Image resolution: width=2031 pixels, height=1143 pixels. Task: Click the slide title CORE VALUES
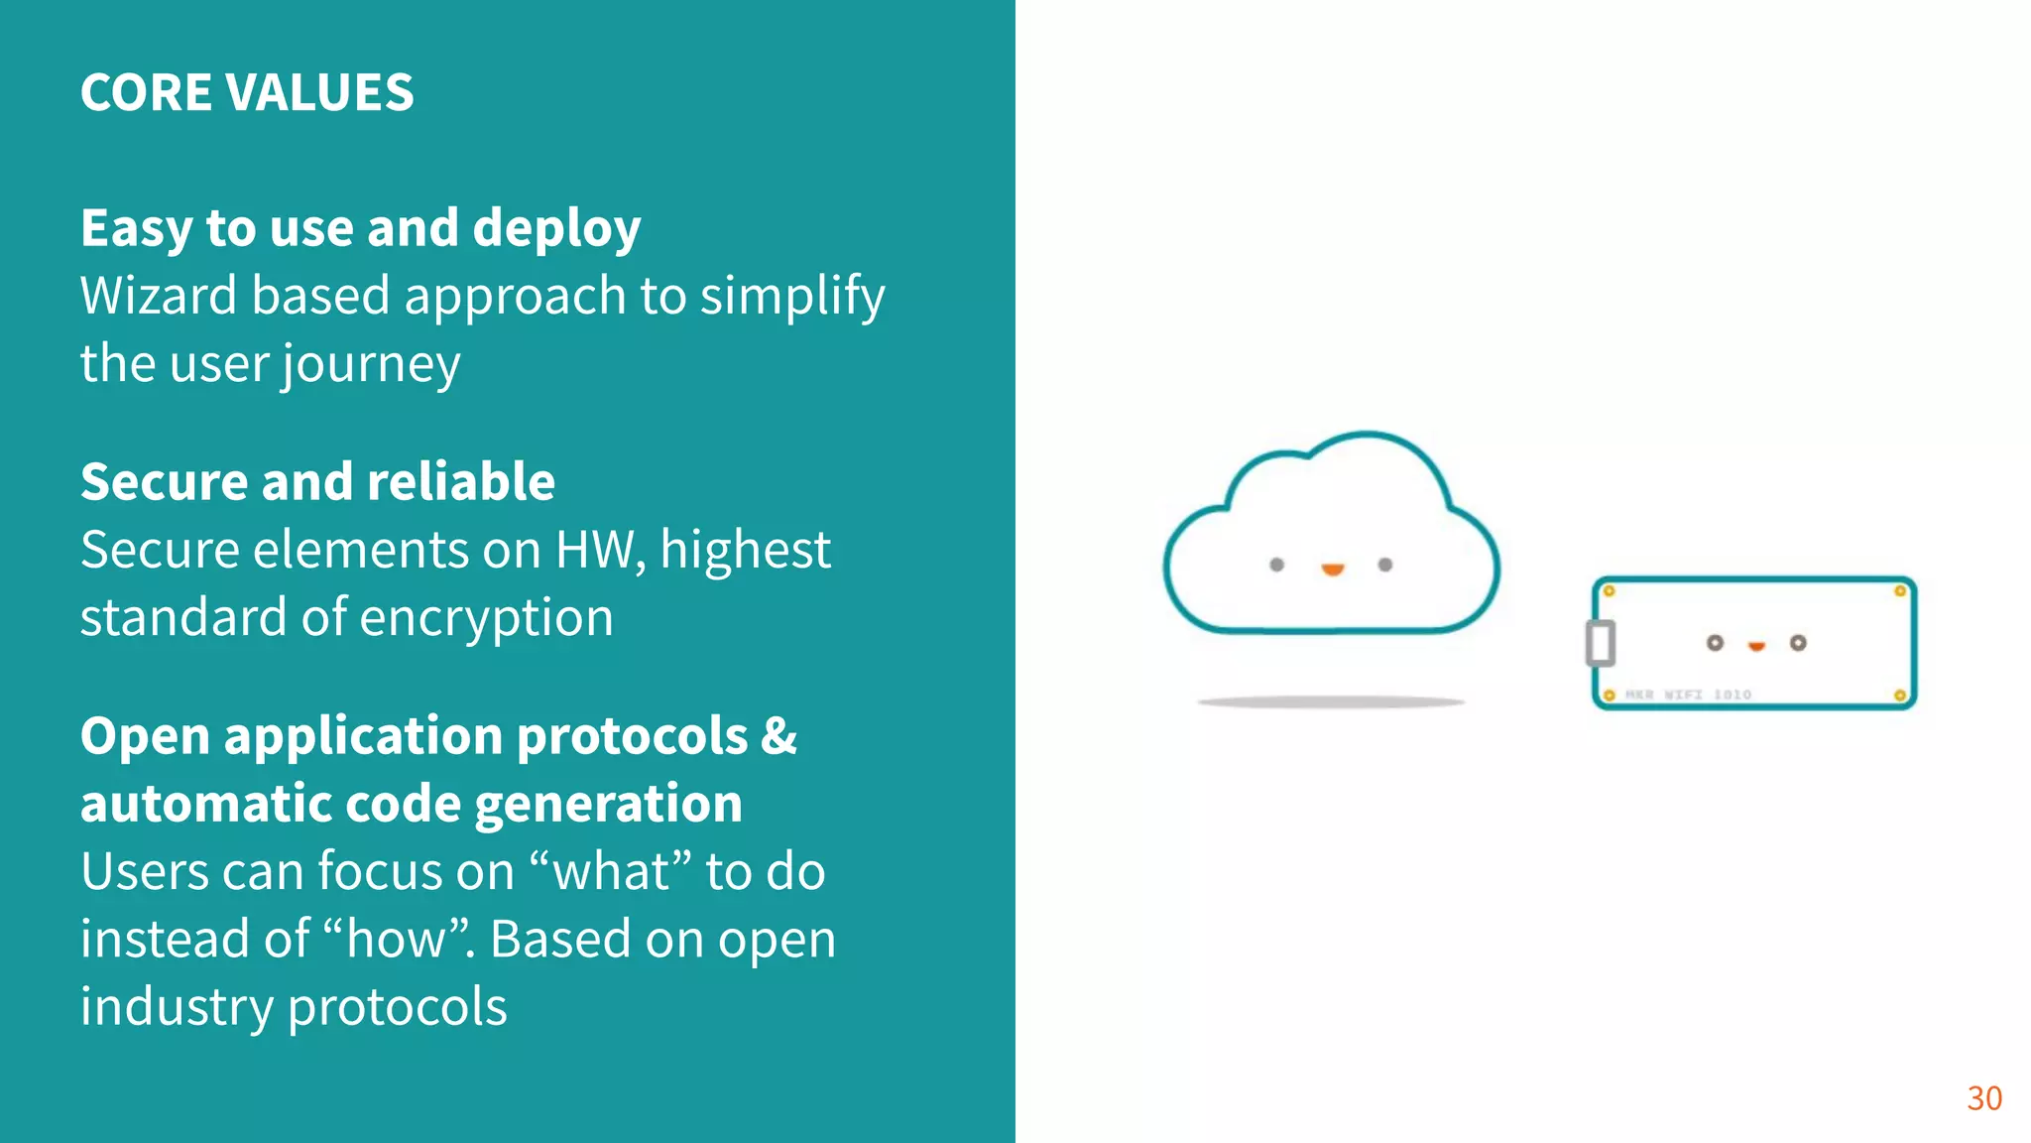247,92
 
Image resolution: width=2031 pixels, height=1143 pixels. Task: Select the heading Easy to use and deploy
361,228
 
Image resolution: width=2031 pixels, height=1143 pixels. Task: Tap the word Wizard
159,296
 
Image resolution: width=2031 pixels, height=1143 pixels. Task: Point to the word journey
371,365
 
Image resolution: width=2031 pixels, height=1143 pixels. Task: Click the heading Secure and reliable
317,482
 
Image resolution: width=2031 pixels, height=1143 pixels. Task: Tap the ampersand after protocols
779,736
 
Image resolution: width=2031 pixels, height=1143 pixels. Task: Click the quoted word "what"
612,871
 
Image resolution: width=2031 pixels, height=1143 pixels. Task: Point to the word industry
176,1007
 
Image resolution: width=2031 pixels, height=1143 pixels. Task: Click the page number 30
1984,1098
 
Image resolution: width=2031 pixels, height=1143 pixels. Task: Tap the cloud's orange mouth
1333,570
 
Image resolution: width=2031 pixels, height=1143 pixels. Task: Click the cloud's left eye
1277,565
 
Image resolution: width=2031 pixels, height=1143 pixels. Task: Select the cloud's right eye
1385,565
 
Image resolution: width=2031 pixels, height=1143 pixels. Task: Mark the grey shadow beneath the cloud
1331,702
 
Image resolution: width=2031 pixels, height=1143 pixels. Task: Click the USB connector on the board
1600,642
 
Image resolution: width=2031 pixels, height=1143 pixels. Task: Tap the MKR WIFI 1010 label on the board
1688,695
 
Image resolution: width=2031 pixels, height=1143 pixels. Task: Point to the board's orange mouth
1756,646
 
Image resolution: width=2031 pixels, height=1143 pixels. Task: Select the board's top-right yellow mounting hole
1900,591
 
